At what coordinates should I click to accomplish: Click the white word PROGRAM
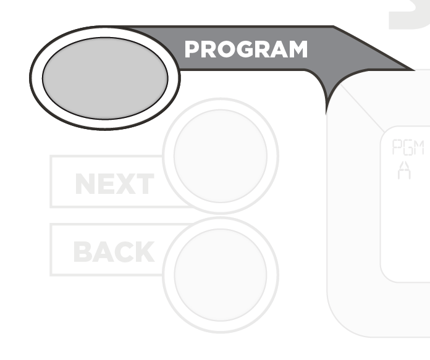click(246, 49)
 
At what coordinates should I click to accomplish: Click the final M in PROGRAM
click(298, 49)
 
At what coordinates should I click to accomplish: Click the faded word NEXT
click(115, 183)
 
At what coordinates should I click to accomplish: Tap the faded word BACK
click(114, 251)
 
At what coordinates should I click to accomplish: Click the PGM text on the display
click(408, 147)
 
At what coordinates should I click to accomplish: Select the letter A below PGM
click(404, 170)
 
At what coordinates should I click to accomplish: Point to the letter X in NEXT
click(123, 183)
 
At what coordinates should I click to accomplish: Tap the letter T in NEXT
click(143, 183)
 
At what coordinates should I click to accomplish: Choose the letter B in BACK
click(82, 252)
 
